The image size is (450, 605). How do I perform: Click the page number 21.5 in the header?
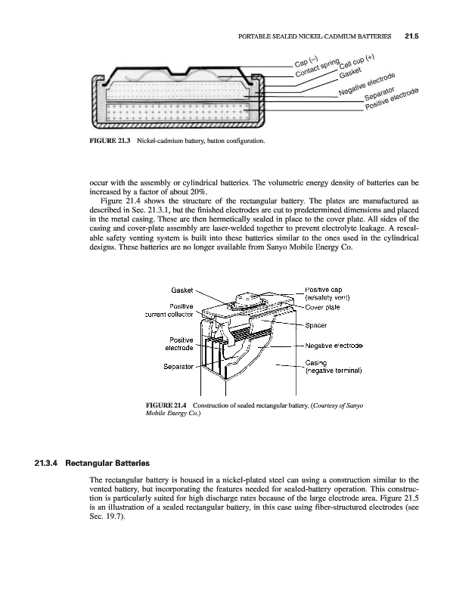tap(411, 36)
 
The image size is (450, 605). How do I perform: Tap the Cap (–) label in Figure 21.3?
tap(306, 62)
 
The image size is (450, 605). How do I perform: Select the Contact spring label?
tap(318, 68)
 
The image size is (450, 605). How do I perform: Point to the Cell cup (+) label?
tap(357, 61)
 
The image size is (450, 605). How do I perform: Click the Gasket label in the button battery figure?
tap(350, 72)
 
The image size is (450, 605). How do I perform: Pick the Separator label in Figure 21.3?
tap(380, 92)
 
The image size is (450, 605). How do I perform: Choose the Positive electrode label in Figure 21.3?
tap(392, 98)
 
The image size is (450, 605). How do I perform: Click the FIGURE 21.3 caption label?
tap(110, 141)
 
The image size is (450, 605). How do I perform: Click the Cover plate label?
tap(323, 308)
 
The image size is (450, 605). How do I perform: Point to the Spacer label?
tap(316, 325)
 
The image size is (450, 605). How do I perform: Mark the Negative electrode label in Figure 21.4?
tap(334, 346)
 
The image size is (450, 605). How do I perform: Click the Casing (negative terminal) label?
tap(334, 367)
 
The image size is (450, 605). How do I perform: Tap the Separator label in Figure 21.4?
tap(178, 367)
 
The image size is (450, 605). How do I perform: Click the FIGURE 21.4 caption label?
tap(166, 405)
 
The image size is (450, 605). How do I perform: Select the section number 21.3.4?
tap(46, 463)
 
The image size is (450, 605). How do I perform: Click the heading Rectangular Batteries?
tap(107, 463)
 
